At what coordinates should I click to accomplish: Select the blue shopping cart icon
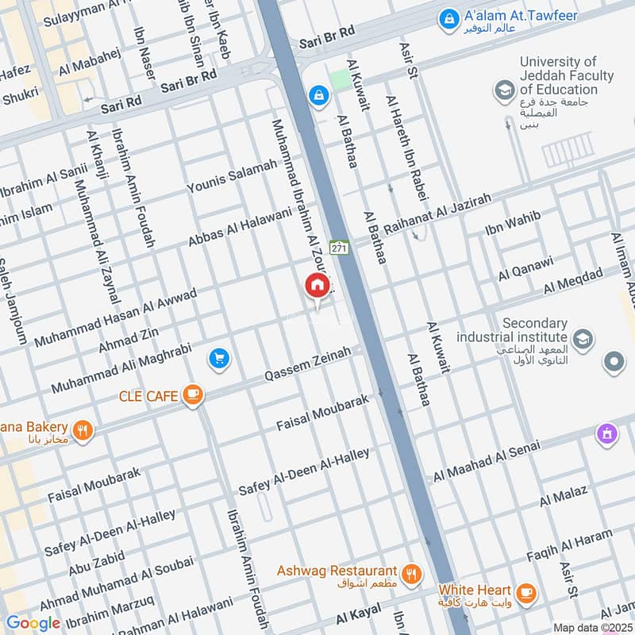pos(219,360)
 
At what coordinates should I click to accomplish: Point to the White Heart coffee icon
pos(525,592)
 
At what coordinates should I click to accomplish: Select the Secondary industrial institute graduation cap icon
pos(583,339)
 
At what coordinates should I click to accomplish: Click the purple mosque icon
pos(607,435)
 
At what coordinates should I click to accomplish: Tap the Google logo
pos(33,623)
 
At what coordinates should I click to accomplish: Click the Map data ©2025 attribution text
pos(593,627)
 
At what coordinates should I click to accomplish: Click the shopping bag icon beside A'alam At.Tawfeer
pos(448,17)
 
